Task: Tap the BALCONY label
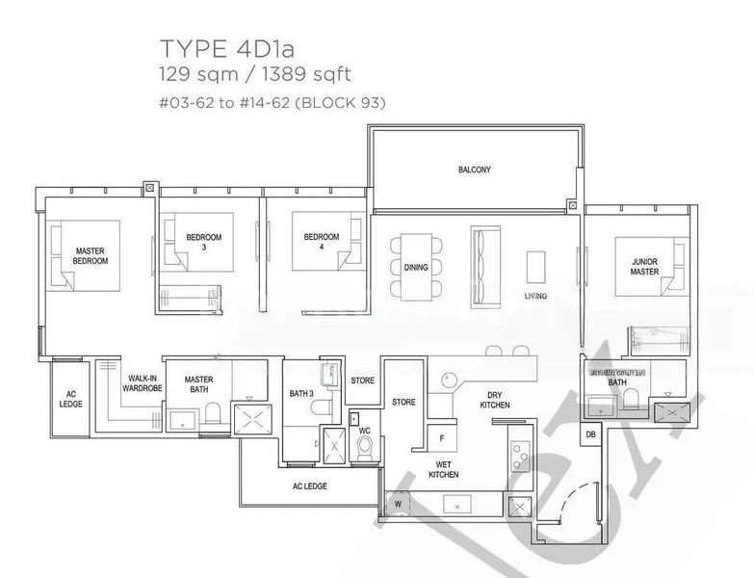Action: tap(474, 171)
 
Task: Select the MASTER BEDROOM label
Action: tap(91, 255)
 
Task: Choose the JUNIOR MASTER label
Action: tap(644, 266)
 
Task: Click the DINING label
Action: tap(416, 268)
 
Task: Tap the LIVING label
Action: tap(536, 296)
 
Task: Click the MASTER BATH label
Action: tap(199, 384)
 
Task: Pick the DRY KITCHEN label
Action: tap(494, 400)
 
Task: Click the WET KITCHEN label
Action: tap(444, 469)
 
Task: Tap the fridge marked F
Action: tap(441, 438)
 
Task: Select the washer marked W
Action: tap(397, 503)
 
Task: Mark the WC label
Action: tap(364, 431)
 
